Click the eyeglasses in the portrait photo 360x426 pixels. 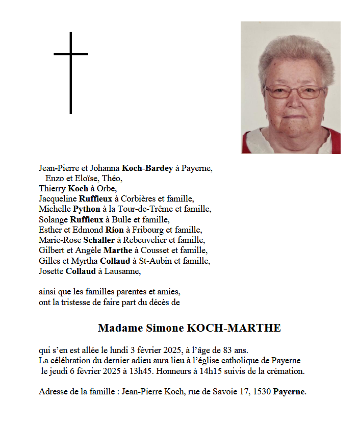click(294, 92)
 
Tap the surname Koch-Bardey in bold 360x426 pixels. click(147, 168)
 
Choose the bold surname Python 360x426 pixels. click(87, 209)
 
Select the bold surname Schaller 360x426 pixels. click(99, 240)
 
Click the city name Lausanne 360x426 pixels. click(122, 271)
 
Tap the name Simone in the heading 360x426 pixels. click(153, 328)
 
